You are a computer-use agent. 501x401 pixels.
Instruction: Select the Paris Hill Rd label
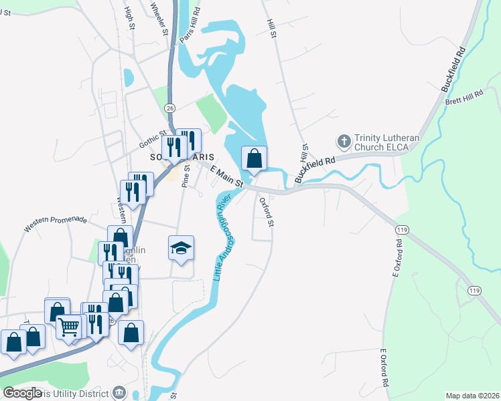click(x=190, y=27)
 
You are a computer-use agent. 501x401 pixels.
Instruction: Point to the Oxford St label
click(x=267, y=211)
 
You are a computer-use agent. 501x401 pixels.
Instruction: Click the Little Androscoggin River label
click(x=222, y=237)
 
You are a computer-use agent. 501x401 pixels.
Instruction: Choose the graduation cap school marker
click(x=181, y=249)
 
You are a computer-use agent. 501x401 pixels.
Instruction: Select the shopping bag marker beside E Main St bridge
click(x=254, y=159)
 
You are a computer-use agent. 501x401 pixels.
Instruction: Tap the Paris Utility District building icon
click(x=119, y=392)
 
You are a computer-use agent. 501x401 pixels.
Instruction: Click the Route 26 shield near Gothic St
click(x=169, y=108)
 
